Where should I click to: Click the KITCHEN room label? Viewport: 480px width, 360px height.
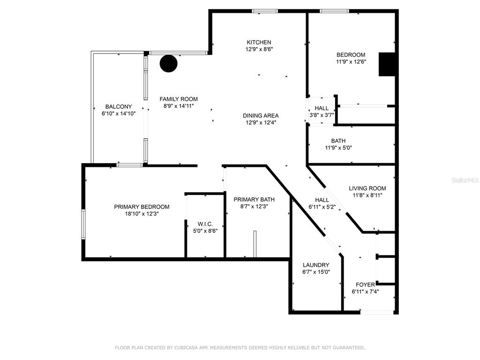[x=259, y=42]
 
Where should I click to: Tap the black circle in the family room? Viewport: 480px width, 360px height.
[x=169, y=63]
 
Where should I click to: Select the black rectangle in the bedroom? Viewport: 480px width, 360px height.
[x=387, y=64]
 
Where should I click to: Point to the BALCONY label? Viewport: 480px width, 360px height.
[x=119, y=106]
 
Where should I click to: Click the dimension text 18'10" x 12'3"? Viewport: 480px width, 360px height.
[x=142, y=214]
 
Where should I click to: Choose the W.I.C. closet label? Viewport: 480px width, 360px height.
[x=205, y=224]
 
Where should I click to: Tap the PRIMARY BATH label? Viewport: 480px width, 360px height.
[x=254, y=200]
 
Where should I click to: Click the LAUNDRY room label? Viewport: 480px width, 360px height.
[x=316, y=265]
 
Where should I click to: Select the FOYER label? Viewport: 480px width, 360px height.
[x=365, y=285]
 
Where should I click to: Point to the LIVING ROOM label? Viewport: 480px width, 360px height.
[x=367, y=188]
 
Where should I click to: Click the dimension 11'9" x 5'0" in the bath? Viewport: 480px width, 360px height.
[x=338, y=148]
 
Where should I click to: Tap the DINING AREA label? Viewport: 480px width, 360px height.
[x=261, y=116]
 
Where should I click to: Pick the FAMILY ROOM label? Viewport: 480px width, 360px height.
[x=179, y=99]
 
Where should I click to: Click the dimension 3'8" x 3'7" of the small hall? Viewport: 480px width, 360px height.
[x=322, y=115]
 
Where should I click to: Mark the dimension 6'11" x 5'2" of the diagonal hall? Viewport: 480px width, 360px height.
[x=322, y=207]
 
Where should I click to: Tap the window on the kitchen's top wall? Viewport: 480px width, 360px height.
[x=265, y=11]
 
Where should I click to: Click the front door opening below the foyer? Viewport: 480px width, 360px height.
[x=377, y=312]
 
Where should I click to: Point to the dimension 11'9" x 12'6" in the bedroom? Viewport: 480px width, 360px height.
[x=351, y=61]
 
